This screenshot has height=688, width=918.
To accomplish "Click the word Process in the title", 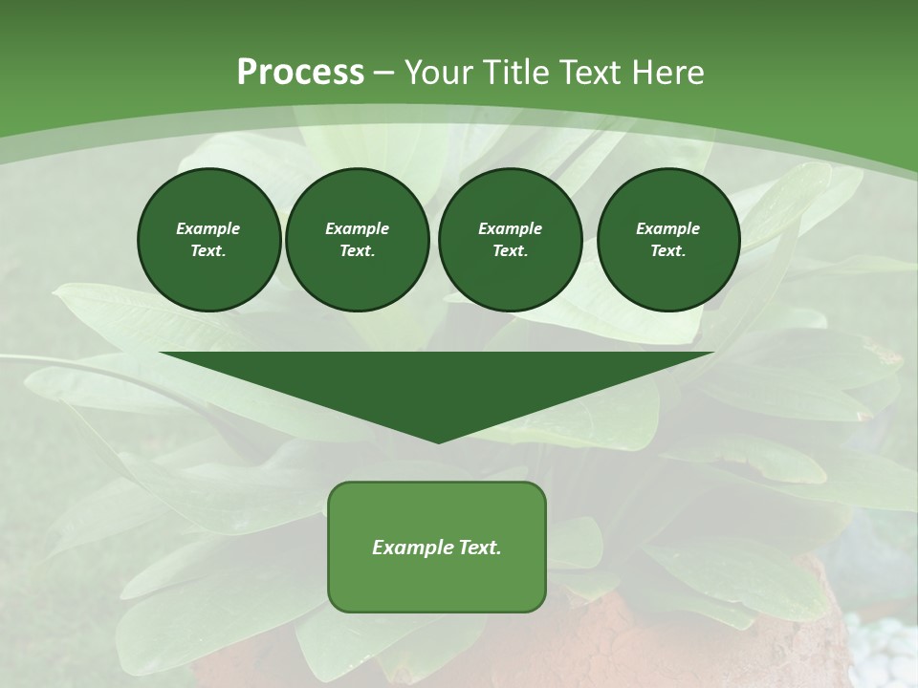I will tap(300, 73).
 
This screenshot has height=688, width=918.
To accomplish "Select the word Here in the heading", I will tap(667, 73).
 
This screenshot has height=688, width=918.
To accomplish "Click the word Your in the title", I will tap(439, 73).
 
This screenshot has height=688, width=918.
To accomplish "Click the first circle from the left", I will tap(208, 240).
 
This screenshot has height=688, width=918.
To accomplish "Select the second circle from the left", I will tap(357, 240).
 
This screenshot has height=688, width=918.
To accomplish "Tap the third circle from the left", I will tap(510, 240).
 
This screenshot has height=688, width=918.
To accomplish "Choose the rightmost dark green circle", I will tap(667, 240).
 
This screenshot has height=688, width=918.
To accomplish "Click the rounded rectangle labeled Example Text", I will tap(436, 547).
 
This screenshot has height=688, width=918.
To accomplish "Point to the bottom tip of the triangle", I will tap(438, 441).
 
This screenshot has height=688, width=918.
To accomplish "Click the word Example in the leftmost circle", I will tap(208, 228).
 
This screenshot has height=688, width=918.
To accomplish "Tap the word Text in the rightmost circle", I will tap(667, 251).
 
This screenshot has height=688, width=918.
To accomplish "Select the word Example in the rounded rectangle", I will tap(409, 548).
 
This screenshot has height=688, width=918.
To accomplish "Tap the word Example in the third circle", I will tap(510, 228).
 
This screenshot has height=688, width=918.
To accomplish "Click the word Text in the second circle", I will tap(357, 251).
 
